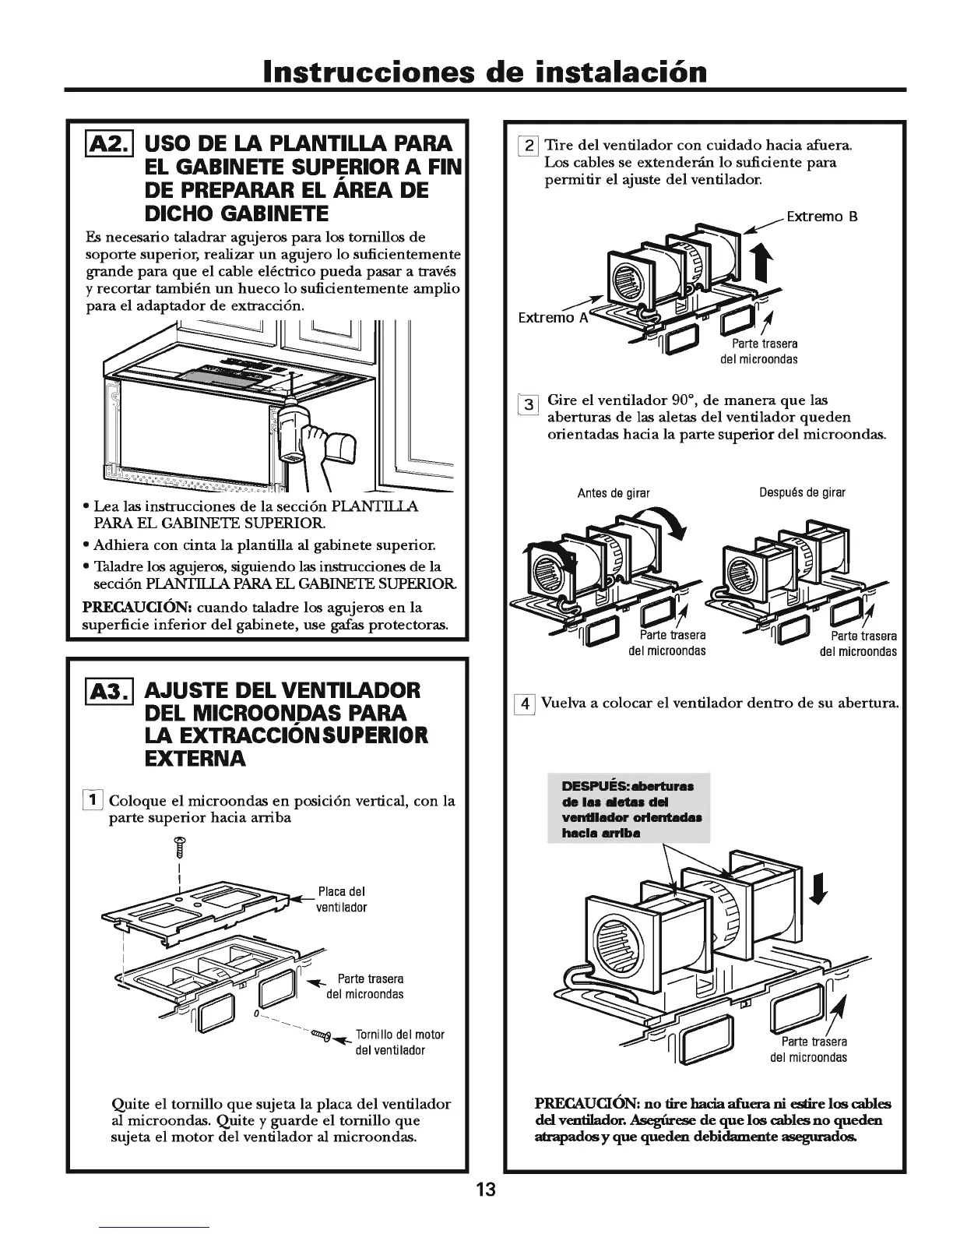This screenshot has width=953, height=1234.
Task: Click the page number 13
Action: (486, 1190)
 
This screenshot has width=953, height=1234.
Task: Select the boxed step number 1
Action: (93, 800)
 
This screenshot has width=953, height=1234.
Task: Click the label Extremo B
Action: (821, 217)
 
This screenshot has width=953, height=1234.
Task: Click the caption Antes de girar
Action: (613, 493)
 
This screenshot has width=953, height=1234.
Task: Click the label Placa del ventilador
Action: (341, 900)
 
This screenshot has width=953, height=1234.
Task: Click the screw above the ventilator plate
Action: (179, 844)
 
